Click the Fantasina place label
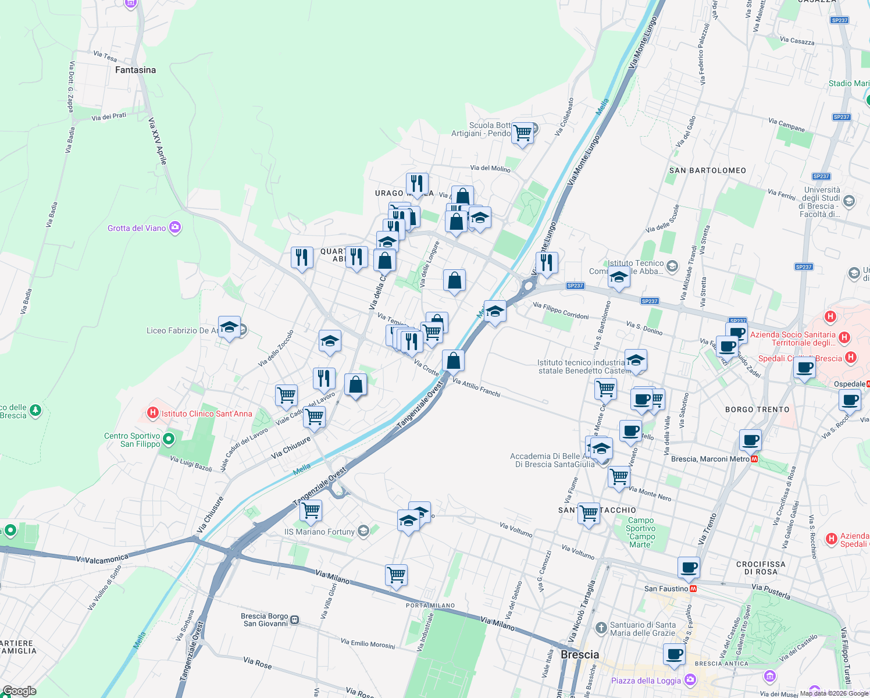tap(136, 70)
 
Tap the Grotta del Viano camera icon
tap(175, 227)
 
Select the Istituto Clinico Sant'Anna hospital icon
tap(153, 413)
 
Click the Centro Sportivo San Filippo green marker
tap(169, 439)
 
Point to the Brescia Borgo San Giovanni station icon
tap(295, 620)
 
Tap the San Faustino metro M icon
tap(693, 589)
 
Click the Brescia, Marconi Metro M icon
tap(754, 459)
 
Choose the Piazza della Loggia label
tap(646, 681)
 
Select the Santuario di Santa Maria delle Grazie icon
tap(601, 628)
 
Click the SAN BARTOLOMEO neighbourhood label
tap(707, 170)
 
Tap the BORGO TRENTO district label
tap(757, 409)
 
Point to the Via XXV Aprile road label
tap(157, 141)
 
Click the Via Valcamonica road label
tap(102, 559)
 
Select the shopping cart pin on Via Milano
tap(397, 575)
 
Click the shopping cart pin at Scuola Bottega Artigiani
tap(522, 133)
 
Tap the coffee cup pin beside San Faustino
tap(689, 567)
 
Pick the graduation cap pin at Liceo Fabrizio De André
tap(229, 327)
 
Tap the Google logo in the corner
tap(19, 691)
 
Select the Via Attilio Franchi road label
tap(476, 388)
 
